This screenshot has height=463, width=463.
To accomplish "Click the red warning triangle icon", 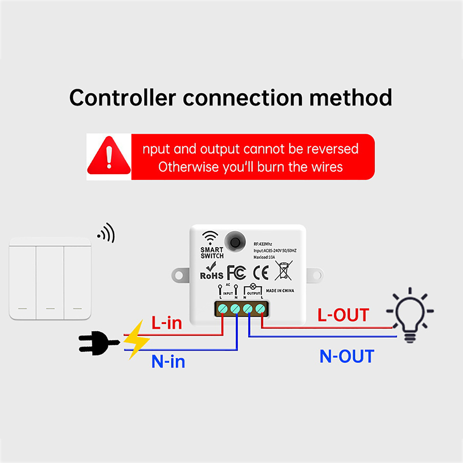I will (x=109, y=157).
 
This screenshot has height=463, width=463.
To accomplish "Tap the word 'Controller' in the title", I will (x=123, y=98).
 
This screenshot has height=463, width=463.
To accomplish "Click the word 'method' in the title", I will (x=351, y=98).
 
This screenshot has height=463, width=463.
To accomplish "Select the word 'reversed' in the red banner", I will (x=332, y=149).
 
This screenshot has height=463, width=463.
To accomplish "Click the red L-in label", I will (x=167, y=323).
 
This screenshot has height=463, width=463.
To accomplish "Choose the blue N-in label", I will (x=168, y=361).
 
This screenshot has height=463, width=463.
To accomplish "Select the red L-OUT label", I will (x=343, y=315).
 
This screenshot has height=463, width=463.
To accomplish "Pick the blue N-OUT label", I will (x=347, y=356).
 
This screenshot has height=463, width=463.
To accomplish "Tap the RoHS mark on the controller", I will (x=212, y=272).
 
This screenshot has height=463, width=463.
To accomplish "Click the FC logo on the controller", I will (x=236, y=273).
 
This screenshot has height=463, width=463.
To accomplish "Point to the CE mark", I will (x=261, y=273).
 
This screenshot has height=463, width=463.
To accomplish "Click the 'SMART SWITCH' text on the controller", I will (x=212, y=253).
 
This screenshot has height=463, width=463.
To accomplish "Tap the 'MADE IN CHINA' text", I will (x=280, y=291).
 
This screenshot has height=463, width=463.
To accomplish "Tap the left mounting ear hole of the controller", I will (x=179, y=275).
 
